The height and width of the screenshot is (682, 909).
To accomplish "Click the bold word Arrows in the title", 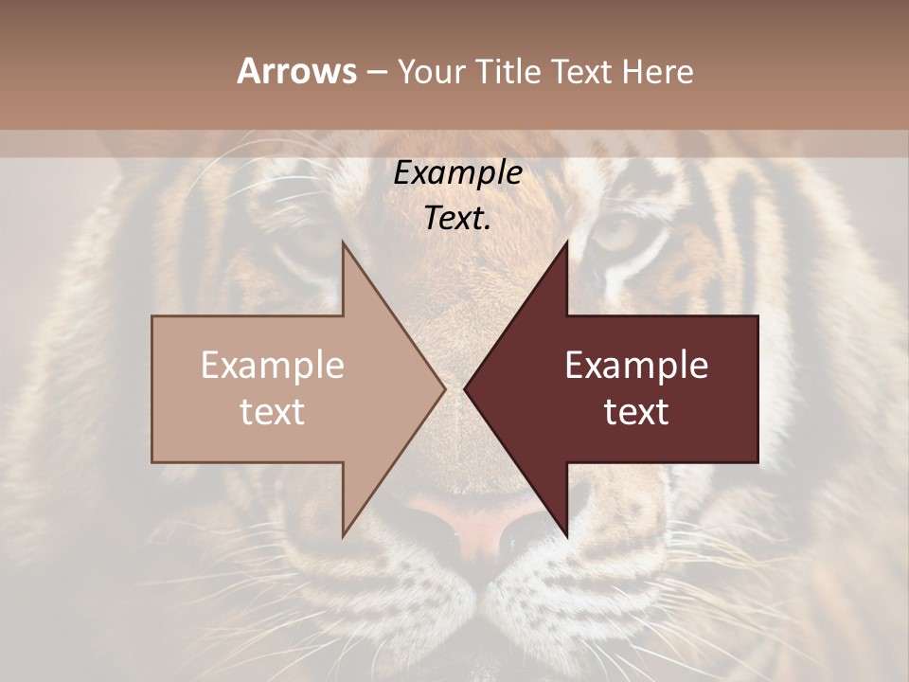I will pos(297,71).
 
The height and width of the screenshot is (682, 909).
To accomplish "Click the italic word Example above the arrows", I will pos(457,173).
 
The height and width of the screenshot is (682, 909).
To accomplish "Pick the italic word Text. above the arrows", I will pos(457,218).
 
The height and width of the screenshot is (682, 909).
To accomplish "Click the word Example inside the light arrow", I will pos(272,366).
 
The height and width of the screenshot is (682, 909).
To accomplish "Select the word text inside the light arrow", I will pos(272,412).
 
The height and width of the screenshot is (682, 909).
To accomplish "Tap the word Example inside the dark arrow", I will pos(636,366).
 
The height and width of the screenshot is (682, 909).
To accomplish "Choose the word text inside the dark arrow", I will pos(636,412).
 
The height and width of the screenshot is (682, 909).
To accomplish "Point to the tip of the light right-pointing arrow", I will pos(443,388).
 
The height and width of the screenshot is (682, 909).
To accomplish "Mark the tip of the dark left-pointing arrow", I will pos(467,388).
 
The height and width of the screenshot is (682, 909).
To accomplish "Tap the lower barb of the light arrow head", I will pos(345,531).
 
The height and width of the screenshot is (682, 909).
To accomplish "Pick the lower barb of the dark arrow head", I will pos(565,531).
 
